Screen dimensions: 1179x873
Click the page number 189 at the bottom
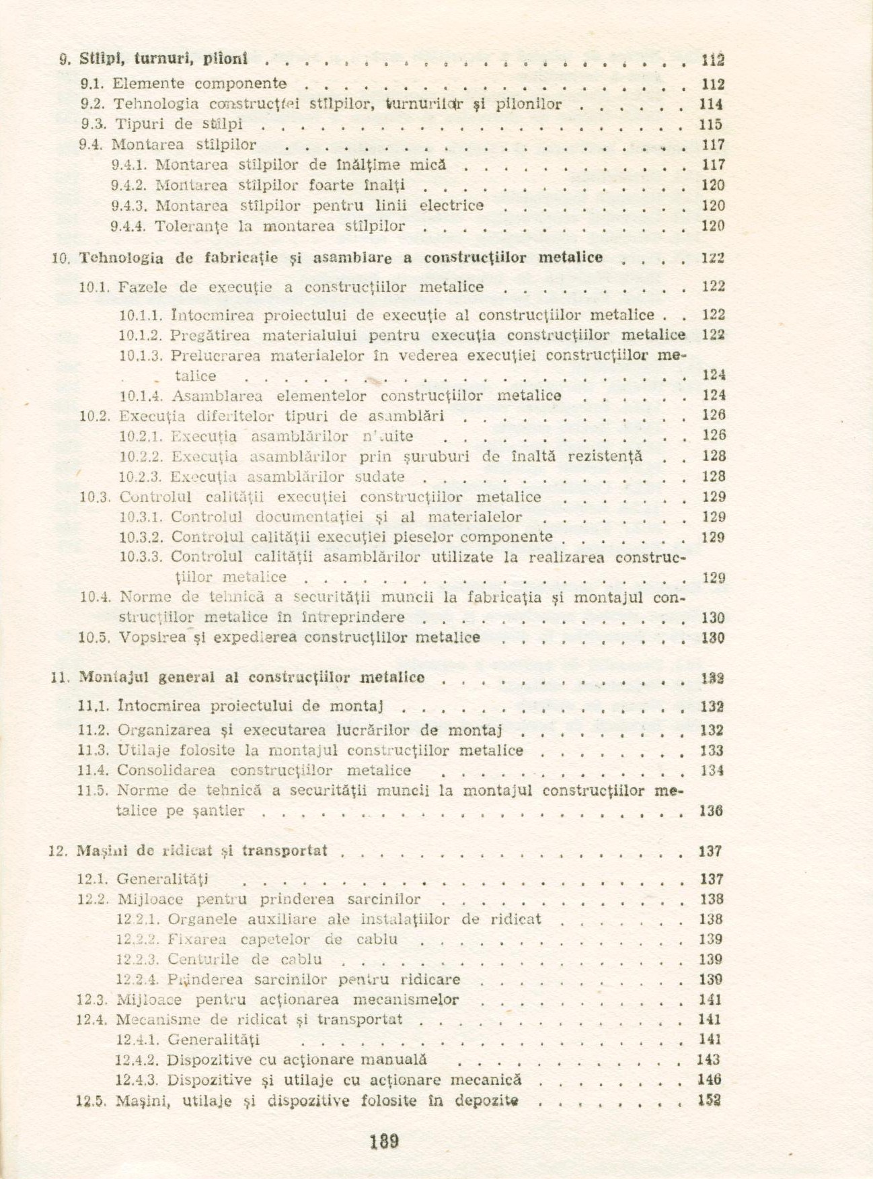coord(385,1141)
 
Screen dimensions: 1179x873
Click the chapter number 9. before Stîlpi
coord(65,59)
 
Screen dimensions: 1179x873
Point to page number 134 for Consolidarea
coord(712,771)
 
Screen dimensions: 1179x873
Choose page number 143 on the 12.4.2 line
coord(709,1060)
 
